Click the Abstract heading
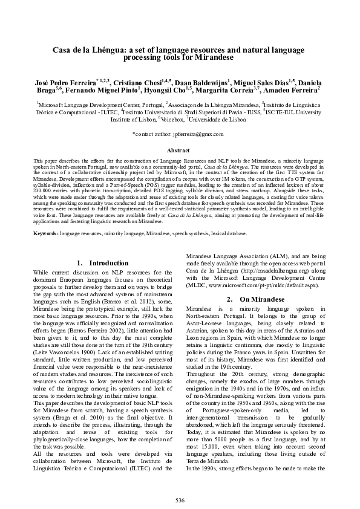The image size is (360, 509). tap(180, 149)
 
